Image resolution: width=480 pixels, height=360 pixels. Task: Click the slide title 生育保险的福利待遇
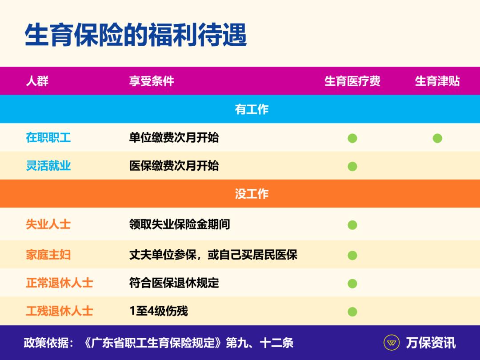(136, 35)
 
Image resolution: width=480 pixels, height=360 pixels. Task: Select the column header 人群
(37, 81)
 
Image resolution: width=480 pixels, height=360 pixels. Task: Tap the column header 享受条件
(152, 81)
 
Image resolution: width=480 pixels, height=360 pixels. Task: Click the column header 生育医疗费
(352, 81)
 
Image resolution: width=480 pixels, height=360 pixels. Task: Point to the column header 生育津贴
(437, 81)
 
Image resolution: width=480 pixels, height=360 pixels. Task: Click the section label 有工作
(252, 109)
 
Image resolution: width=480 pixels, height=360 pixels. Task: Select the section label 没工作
(252, 194)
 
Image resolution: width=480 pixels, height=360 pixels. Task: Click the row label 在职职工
(48, 137)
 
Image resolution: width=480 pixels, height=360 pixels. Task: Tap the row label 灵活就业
(48, 166)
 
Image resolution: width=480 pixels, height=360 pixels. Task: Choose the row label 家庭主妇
(48, 255)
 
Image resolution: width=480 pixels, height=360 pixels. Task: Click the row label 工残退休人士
(60, 311)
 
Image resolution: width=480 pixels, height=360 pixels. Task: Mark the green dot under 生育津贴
(437, 138)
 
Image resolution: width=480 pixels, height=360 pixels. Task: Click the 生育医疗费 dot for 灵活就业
(352, 167)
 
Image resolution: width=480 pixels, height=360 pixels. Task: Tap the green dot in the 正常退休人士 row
(352, 284)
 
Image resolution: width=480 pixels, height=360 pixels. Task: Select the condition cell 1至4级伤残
(159, 311)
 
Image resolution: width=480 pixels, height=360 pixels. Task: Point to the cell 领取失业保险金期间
(180, 224)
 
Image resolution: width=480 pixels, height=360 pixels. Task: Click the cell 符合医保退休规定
(174, 283)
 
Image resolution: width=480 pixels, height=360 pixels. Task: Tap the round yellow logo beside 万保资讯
(391, 343)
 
